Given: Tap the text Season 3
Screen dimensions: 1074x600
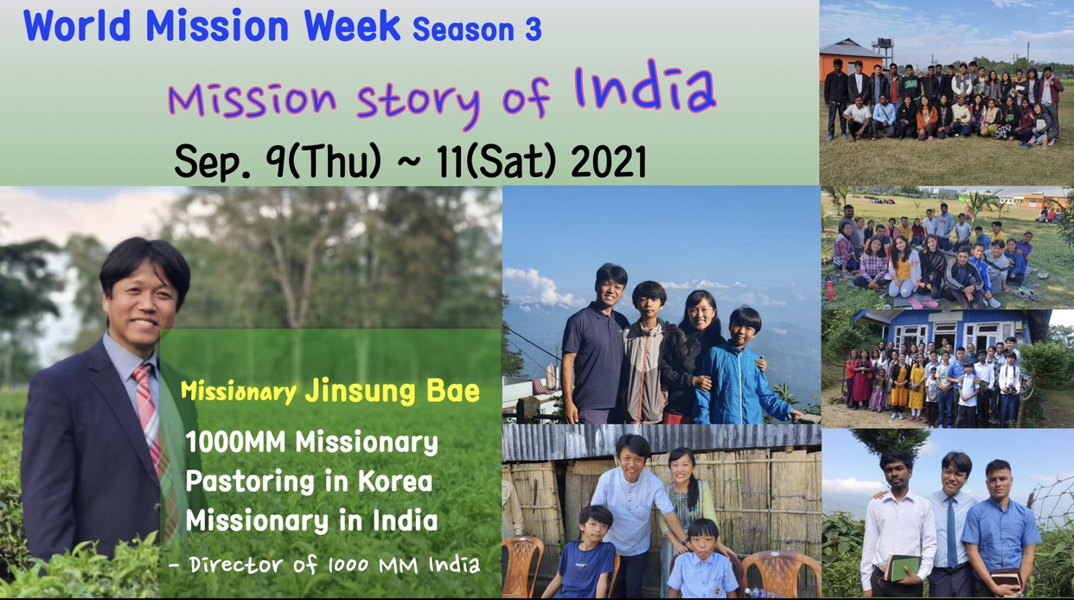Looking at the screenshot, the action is click(x=477, y=29).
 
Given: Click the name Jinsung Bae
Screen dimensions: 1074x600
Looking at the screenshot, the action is click(x=393, y=391).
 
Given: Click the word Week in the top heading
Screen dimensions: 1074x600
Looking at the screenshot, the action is click(x=352, y=25).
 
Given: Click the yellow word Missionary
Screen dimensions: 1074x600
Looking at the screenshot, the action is click(x=239, y=392).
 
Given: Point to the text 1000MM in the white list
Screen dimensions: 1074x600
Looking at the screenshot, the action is click(x=235, y=442).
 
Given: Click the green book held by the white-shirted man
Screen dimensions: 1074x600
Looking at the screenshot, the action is click(x=901, y=568).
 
